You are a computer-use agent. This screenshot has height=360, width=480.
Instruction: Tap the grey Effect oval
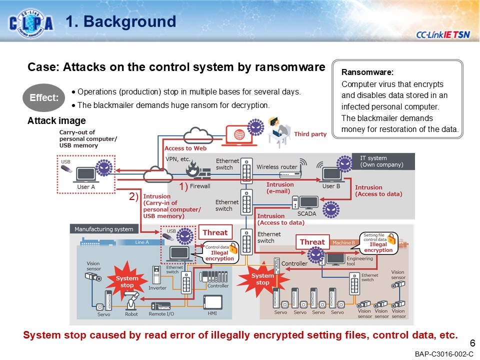[x=44, y=98]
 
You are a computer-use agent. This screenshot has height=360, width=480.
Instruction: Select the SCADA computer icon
[x=306, y=202]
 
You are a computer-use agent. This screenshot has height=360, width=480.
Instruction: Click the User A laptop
[x=86, y=175]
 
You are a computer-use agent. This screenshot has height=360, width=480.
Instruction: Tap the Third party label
[x=310, y=134]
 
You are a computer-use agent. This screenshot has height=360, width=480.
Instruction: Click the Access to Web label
[x=185, y=148]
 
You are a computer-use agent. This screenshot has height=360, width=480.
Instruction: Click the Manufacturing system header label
[x=104, y=229]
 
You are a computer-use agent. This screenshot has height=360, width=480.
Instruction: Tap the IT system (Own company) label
[x=381, y=161]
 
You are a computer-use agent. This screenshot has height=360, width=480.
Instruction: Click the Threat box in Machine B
[x=312, y=242]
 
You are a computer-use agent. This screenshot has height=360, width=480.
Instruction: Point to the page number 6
[x=472, y=343]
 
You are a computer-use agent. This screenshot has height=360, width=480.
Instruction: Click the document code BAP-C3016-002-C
[x=443, y=354]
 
